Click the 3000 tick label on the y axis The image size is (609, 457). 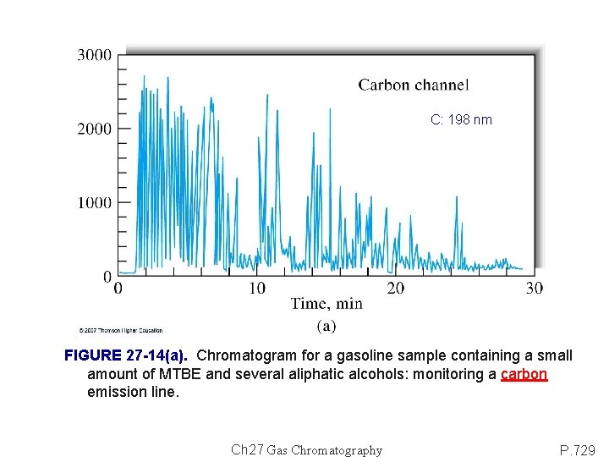point(94,55)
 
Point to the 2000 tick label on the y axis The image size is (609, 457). point(94,129)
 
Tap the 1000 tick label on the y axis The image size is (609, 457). point(94,202)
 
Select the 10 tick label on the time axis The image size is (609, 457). point(256,289)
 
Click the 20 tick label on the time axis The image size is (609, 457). point(395,289)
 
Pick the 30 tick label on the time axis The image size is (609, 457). point(534,289)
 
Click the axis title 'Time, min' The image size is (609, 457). point(326,304)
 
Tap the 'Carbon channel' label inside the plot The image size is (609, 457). point(413,85)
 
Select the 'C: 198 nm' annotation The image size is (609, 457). point(461,120)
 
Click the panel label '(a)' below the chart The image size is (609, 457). point(326,325)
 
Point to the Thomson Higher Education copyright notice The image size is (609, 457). point(120,330)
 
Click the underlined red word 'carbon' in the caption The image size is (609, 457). point(524,374)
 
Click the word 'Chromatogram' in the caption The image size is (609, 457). point(243,355)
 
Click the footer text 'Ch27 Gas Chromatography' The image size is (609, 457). point(306,450)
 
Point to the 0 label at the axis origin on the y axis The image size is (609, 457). point(107,276)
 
